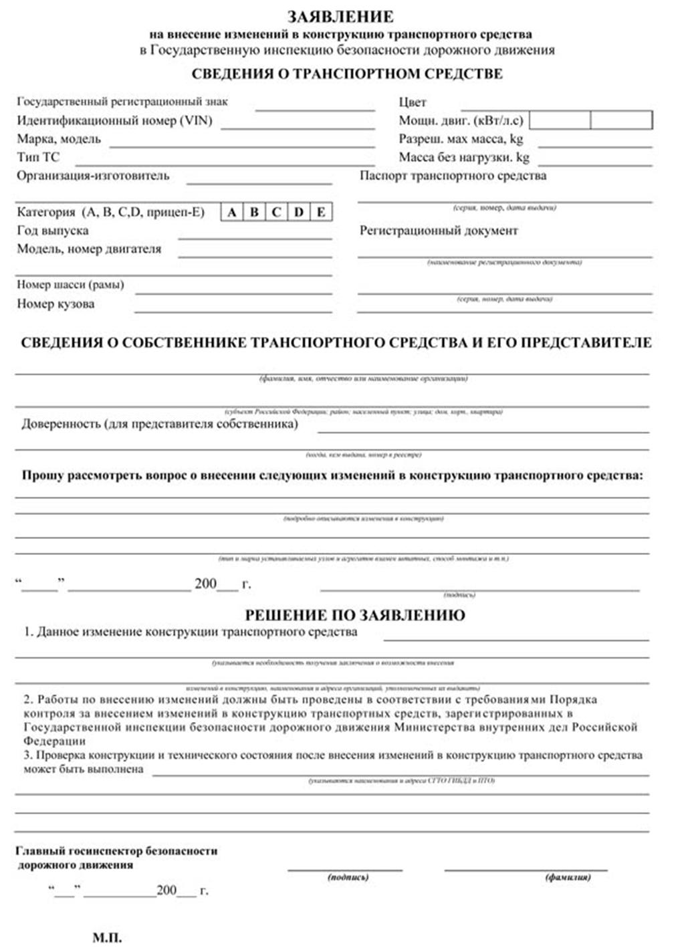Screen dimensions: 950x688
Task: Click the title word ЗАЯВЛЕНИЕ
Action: [341, 16]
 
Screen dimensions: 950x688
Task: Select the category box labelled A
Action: [232, 213]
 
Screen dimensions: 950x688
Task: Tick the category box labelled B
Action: [254, 213]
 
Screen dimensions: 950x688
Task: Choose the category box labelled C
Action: [276, 213]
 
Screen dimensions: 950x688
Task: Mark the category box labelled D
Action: [298, 213]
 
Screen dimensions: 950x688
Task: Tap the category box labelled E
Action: [321, 213]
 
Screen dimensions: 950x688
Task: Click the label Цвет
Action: [413, 102]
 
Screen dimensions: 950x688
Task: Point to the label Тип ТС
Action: [38, 158]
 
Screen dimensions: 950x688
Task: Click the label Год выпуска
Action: [53, 231]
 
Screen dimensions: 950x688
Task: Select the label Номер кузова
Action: [55, 304]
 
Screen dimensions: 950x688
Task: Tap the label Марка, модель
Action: [59, 139]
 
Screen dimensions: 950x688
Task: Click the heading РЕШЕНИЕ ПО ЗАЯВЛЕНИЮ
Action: [355, 614]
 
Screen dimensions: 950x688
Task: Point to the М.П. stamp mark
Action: [107, 938]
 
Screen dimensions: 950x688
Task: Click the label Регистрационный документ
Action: [439, 231]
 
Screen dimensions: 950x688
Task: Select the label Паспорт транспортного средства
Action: [453, 176]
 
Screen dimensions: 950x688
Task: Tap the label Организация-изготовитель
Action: [93, 176]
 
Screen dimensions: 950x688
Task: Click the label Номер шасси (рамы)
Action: [70, 285]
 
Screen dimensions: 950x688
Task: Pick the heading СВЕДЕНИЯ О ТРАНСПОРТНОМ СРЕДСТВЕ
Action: [347, 74]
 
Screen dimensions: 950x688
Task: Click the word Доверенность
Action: [61, 424]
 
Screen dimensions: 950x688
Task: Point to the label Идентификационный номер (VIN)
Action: [114, 121]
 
